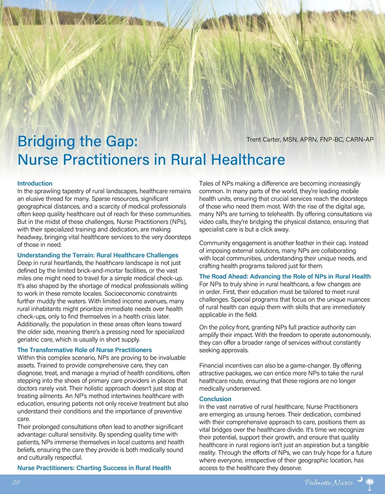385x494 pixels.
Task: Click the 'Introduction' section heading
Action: pyautogui.click(x=35, y=183)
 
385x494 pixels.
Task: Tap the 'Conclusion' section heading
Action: pyautogui.click(x=215, y=399)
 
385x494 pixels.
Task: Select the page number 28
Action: pyautogui.click(x=16, y=482)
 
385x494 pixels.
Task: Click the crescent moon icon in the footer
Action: pyautogui.click(x=360, y=479)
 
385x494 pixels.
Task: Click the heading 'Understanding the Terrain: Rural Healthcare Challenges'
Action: pyautogui.click(x=98, y=255)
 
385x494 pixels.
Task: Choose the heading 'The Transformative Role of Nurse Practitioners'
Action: pyautogui.click(x=84, y=350)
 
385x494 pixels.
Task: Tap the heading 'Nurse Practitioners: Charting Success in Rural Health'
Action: pyautogui.click(x=94, y=468)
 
